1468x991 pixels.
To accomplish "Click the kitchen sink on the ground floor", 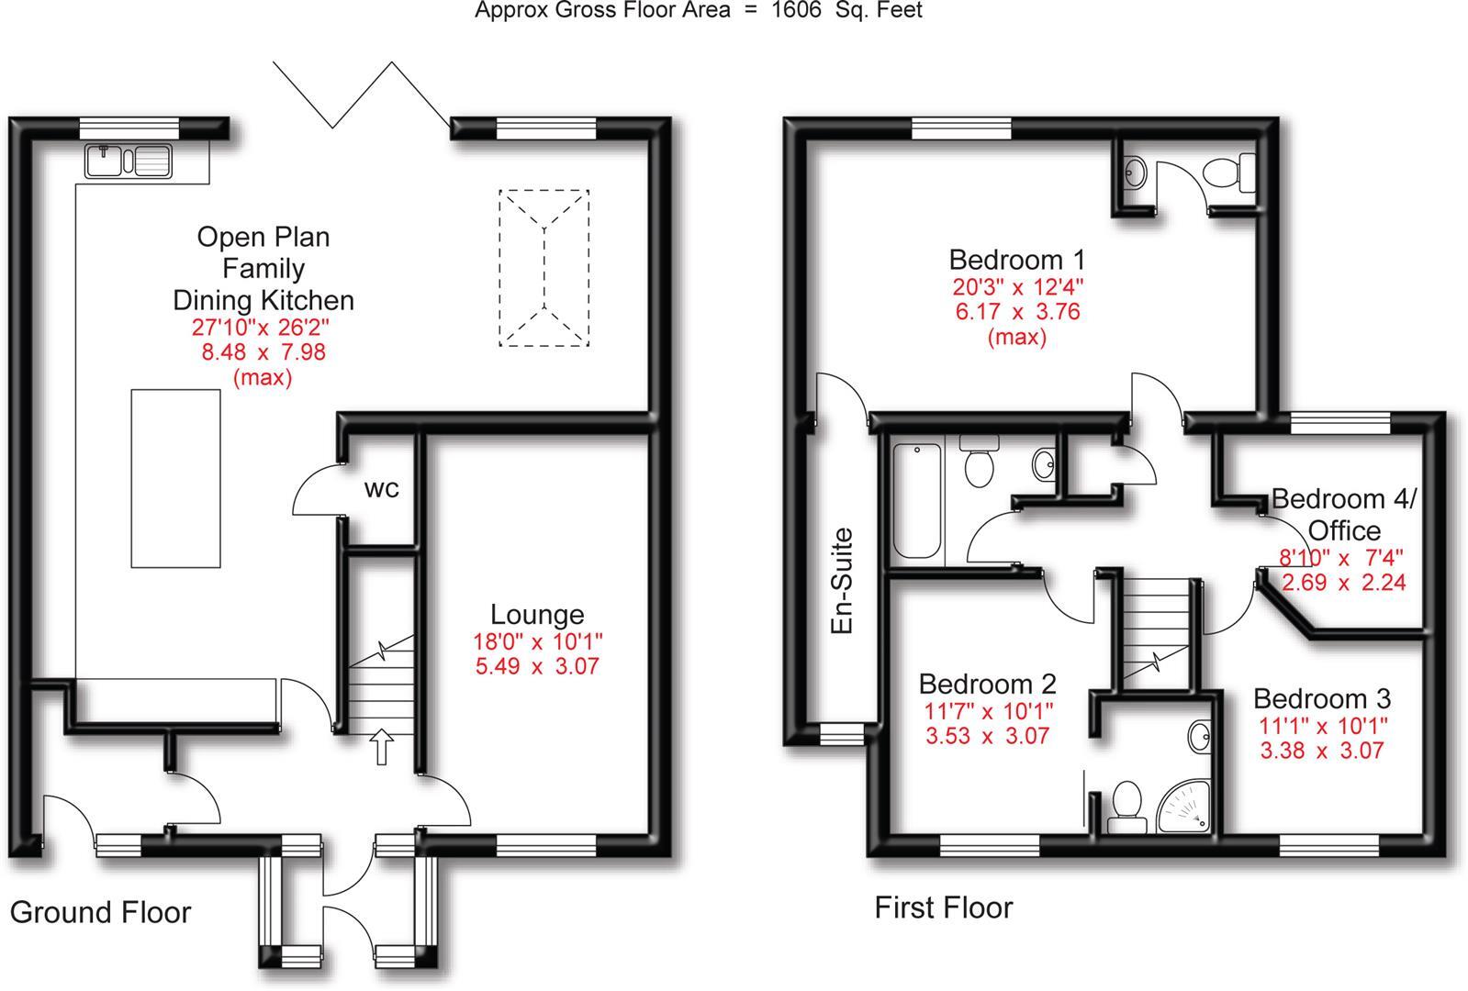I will pyautogui.click(x=129, y=161).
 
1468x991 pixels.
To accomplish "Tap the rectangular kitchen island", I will pyautogui.click(x=175, y=478).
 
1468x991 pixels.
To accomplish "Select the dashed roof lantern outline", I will pyautogui.click(x=544, y=268).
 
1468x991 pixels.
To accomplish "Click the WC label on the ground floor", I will pyautogui.click(x=382, y=489).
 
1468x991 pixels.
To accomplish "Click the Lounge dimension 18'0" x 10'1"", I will pyautogui.click(x=537, y=641).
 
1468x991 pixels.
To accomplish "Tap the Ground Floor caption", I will pyautogui.click(x=100, y=912).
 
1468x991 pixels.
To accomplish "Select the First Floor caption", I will pyautogui.click(x=943, y=907).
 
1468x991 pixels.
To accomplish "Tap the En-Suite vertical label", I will pyautogui.click(x=841, y=581).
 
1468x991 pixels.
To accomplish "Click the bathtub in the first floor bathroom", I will pyautogui.click(x=916, y=501).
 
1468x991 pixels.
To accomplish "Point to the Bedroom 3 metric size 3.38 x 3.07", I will pyautogui.click(x=1321, y=751).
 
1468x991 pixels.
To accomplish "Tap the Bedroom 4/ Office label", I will pyautogui.click(x=1344, y=514).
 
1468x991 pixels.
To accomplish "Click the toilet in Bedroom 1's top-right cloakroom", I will pyautogui.click(x=1229, y=172).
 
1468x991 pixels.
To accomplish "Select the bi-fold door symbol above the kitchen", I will pyautogui.click(x=362, y=95).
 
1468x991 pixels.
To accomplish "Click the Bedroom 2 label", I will pyautogui.click(x=987, y=684).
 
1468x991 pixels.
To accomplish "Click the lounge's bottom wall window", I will pyautogui.click(x=545, y=844).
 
